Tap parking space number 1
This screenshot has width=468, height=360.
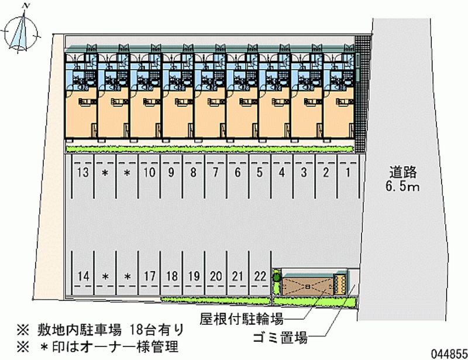pos(348,173)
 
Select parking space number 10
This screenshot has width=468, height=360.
pos(149,173)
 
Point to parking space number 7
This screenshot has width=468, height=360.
pos(215,173)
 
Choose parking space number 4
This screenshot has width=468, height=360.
pos(281,173)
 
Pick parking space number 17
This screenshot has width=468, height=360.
pos(149,276)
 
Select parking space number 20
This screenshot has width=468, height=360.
pos(216,276)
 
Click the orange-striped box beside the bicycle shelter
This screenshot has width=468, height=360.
pos(339,283)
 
